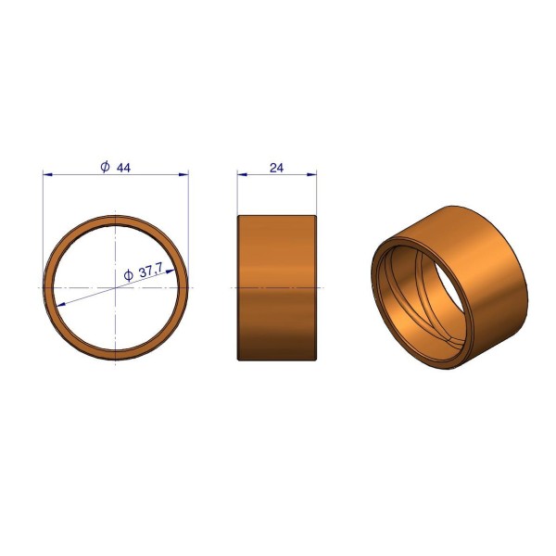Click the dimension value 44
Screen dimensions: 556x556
(123, 168)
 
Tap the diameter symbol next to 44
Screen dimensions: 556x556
(106, 166)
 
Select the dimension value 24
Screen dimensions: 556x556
(276, 168)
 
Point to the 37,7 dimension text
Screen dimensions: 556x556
(150, 272)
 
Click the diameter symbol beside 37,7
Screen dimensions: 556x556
(128, 275)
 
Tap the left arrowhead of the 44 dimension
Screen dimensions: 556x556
(47, 174)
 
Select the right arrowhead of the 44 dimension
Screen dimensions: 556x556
(183, 174)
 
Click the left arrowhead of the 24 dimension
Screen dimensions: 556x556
(242, 174)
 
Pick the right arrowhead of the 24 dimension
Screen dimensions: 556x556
(311, 174)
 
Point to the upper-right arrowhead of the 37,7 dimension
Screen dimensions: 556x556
(171, 272)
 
